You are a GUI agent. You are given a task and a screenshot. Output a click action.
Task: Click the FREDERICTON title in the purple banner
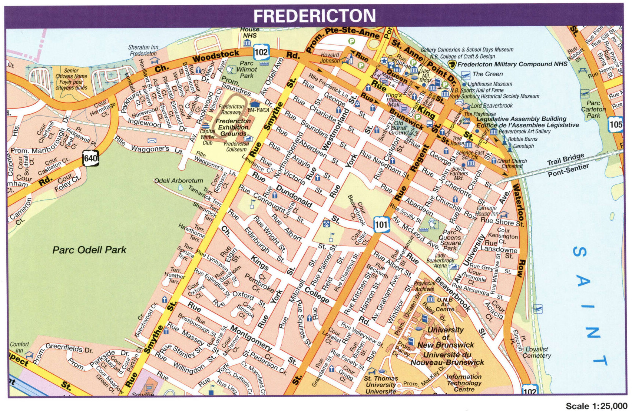[314, 16]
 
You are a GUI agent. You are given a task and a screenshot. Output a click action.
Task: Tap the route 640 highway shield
[91, 158]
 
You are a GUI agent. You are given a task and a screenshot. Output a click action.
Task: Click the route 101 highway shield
[381, 224]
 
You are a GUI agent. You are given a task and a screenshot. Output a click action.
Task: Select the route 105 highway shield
[616, 124]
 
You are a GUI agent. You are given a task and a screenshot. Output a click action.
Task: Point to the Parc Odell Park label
[89, 250]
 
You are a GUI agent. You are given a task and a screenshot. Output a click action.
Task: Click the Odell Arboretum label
[179, 181]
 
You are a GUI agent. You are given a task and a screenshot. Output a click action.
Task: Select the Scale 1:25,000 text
[596, 406]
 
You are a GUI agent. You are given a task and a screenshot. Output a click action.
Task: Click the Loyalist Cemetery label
[537, 352]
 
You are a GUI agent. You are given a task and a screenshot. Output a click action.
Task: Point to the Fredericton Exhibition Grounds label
[233, 127]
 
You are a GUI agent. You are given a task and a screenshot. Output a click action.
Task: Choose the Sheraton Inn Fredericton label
[143, 50]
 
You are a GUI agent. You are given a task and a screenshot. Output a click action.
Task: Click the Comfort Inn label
[19, 347]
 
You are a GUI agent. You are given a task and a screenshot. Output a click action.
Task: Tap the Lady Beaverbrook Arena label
[440, 260]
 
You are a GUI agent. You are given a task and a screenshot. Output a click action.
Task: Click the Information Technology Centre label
[464, 383]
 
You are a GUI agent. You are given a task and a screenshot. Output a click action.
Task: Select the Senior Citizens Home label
[71, 79]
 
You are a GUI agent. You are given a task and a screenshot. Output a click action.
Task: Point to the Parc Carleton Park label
[593, 109]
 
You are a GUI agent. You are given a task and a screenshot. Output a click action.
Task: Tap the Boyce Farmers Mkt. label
[459, 173]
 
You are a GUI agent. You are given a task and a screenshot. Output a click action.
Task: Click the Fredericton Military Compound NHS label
[512, 64]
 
